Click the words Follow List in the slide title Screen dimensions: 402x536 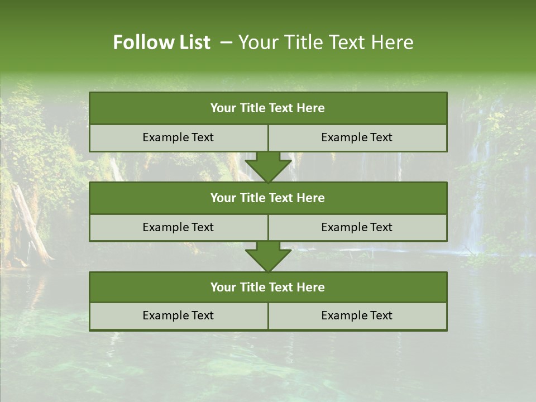click(161, 42)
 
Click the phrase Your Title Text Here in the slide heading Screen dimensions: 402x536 click(326, 42)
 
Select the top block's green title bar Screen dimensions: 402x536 click(268, 108)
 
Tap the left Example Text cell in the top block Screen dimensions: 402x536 click(178, 137)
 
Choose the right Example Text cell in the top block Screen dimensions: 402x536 click(357, 137)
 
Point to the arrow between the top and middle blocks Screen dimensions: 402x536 click(268, 166)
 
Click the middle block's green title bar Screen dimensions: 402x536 click(268, 198)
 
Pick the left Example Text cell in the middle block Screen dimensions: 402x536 click(178, 227)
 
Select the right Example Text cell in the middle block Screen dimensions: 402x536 click(357, 227)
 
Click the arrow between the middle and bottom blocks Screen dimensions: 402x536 click(268, 256)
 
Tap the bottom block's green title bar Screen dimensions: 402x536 click(268, 287)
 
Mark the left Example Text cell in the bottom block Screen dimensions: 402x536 click(178, 315)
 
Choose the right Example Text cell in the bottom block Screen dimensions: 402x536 click(357, 315)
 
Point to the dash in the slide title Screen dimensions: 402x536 click(226, 42)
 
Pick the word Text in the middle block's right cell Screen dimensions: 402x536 click(380, 227)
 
